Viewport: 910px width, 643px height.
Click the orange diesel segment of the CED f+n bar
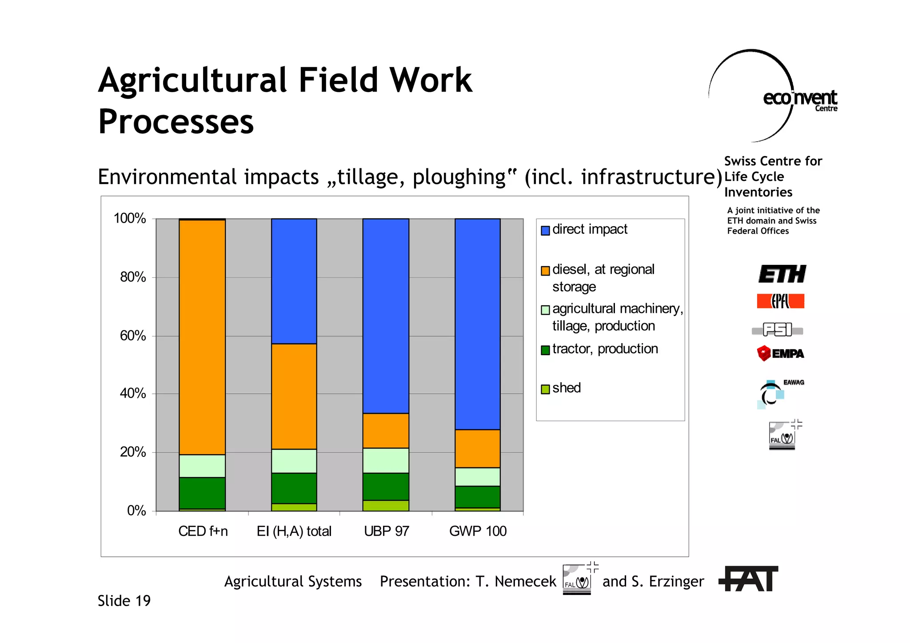[x=202, y=337]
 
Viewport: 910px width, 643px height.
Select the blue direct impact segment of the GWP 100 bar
[x=477, y=324]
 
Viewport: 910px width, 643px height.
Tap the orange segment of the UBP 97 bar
[x=386, y=430]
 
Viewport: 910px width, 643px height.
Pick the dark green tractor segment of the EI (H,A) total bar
[x=294, y=488]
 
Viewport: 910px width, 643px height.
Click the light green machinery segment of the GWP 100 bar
[x=477, y=476]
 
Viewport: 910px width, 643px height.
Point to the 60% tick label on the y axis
[x=132, y=335]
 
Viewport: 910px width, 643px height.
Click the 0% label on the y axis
[x=136, y=511]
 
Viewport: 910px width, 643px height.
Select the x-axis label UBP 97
[x=386, y=531]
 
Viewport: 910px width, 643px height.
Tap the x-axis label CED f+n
[x=203, y=531]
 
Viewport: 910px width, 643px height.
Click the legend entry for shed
[x=566, y=388]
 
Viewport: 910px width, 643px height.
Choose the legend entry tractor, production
[x=604, y=349]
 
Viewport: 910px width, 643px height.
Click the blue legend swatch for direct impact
[x=545, y=230]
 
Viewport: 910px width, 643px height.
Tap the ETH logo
[x=782, y=274]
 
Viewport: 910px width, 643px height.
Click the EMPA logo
[x=781, y=354]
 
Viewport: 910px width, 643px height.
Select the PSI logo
[x=777, y=330]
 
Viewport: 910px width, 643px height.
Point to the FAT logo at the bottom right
[x=749, y=579]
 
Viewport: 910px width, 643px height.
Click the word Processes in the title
[x=176, y=121]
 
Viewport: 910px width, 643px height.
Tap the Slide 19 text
[x=124, y=601]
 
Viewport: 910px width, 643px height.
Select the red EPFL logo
[x=780, y=301]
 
